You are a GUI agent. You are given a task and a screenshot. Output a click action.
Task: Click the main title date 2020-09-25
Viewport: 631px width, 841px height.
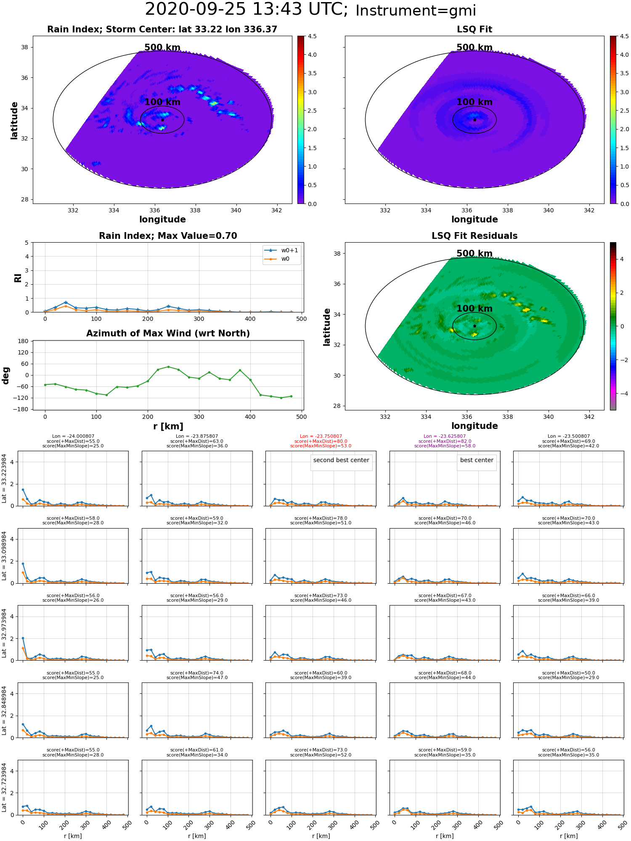[x=195, y=9]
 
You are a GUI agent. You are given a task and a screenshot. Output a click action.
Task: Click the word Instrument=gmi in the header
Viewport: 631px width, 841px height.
[x=416, y=11]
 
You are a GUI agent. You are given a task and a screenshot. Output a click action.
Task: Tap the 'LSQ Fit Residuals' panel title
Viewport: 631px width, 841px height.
[x=475, y=236]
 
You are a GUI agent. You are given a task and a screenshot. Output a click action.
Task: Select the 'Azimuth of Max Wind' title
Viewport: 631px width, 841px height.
[x=168, y=333]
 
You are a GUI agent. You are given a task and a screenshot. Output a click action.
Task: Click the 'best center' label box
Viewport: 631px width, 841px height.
[x=477, y=460]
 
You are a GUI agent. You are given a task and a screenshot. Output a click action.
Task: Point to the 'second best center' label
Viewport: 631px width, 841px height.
[x=341, y=460]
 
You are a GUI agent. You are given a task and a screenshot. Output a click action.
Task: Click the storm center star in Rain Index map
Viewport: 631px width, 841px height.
[x=162, y=120]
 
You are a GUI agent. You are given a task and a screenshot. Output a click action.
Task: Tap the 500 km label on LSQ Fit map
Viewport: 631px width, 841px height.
[x=475, y=48]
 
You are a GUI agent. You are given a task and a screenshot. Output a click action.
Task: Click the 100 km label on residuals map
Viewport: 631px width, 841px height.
[x=475, y=309]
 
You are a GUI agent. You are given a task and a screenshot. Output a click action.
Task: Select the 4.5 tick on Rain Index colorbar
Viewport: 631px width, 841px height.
[x=312, y=37]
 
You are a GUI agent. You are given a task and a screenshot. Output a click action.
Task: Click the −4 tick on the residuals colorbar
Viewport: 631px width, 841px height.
[x=622, y=394]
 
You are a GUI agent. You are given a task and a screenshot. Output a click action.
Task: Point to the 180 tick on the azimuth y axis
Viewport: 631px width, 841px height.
[x=24, y=341]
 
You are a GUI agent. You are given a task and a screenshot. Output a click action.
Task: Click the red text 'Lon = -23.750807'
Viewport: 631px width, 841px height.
[x=321, y=436]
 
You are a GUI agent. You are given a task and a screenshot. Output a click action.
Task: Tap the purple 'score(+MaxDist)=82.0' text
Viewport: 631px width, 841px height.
[x=445, y=441]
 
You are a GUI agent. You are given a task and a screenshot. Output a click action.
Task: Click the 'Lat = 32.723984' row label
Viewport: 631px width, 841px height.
[x=4, y=788]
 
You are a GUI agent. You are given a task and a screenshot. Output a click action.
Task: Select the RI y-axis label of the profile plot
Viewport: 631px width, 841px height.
[x=18, y=278]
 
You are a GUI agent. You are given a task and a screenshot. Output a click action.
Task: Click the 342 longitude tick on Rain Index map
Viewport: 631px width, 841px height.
[x=276, y=210]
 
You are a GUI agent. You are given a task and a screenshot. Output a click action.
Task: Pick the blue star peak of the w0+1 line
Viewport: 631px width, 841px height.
[x=66, y=302]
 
